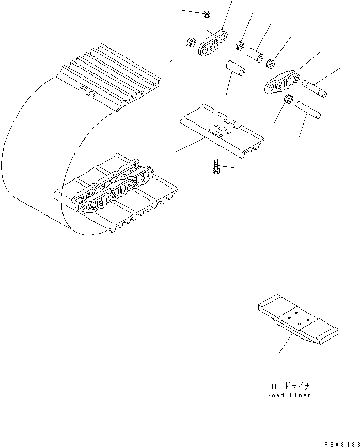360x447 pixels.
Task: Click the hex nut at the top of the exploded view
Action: coord(206,14)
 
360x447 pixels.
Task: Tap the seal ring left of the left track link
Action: coord(189,42)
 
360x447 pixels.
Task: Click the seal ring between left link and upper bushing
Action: coord(240,46)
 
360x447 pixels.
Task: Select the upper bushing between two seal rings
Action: coord(255,54)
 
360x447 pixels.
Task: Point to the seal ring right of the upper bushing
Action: coord(270,64)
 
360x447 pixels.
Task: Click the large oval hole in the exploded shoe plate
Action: coord(221,129)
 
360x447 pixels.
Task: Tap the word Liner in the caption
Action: coord(301,395)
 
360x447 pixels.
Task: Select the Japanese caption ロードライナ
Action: coord(289,386)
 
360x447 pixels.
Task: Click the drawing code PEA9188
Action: coord(341,443)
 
